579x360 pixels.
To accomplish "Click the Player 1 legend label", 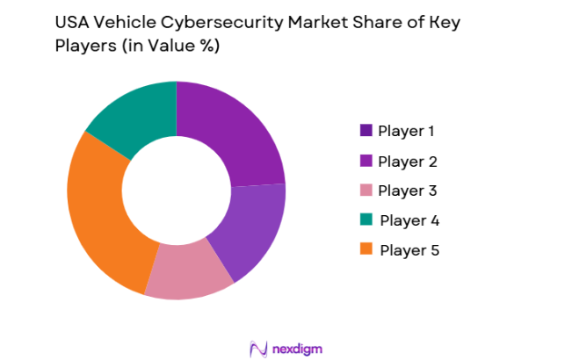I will pos(407,132).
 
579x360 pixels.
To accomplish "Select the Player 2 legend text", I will pos(407,162).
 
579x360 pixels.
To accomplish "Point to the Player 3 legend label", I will pos(407,191).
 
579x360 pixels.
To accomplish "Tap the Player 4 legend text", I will pos(409,220).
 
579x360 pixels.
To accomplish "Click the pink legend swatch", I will pos(365,191).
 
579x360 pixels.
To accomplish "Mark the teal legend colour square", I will pos(365,220).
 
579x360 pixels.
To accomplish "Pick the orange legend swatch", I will pos(365,249).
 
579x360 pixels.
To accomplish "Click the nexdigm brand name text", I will pos(297,349).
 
